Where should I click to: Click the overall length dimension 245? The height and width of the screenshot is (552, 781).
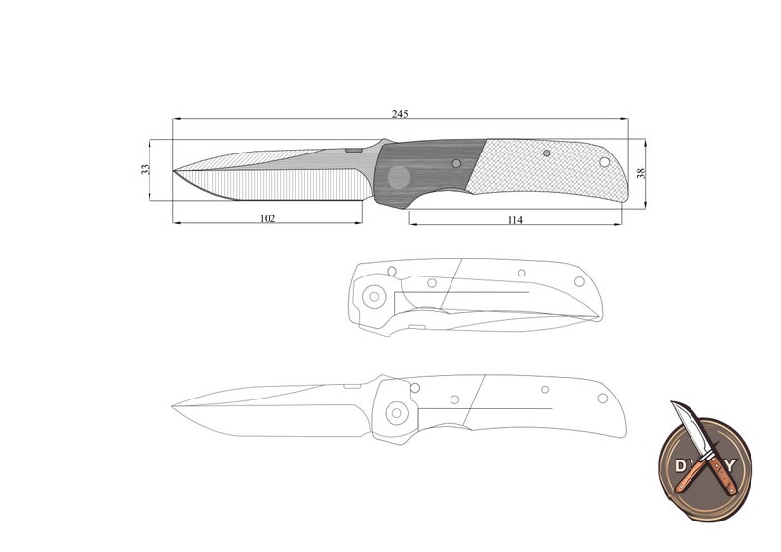pyautogui.click(x=400, y=114)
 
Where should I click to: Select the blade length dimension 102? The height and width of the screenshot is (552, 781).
pyautogui.click(x=267, y=217)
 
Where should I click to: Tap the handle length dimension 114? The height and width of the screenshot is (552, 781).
pyautogui.click(x=514, y=219)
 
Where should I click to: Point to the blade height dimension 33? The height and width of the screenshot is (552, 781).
pyautogui.click(x=146, y=170)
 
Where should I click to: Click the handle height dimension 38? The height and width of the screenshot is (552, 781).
pyautogui.click(x=641, y=173)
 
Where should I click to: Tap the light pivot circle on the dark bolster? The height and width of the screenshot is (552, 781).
pyautogui.click(x=398, y=177)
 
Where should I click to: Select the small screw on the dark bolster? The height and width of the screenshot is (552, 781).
pyautogui.click(x=455, y=163)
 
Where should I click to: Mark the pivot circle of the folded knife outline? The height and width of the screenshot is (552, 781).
pyautogui.click(x=374, y=295)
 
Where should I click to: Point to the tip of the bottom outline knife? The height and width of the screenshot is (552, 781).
pyautogui.click(x=172, y=405)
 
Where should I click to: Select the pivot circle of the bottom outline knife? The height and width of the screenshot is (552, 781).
pyautogui.click(x=397, y=413)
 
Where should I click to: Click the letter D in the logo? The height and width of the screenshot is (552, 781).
pyautogui.click(x=680, y=462)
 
